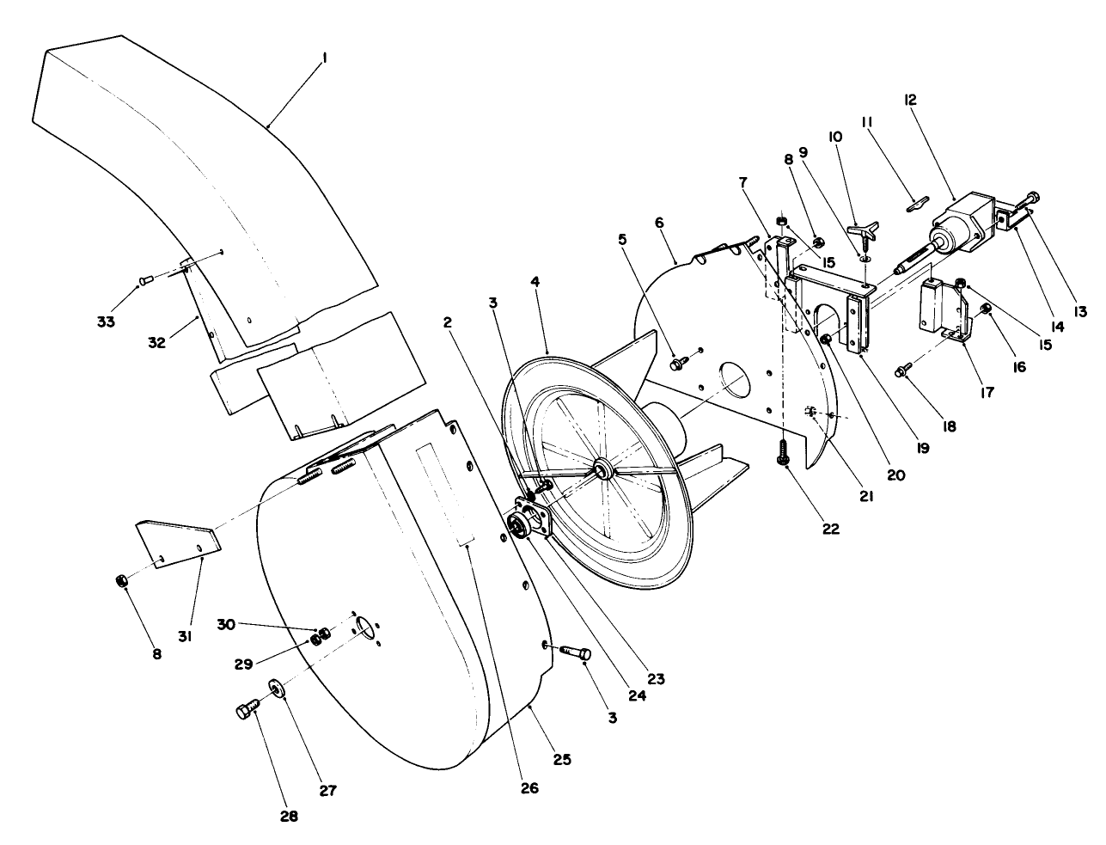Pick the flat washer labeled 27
[x=277, y=688]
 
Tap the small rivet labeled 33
[x=145, y=279]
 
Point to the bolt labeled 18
[x=901, y=370]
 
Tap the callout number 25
[x=562, y=760]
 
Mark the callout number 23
[x=656, y=677]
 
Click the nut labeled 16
[x=987, y=309]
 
